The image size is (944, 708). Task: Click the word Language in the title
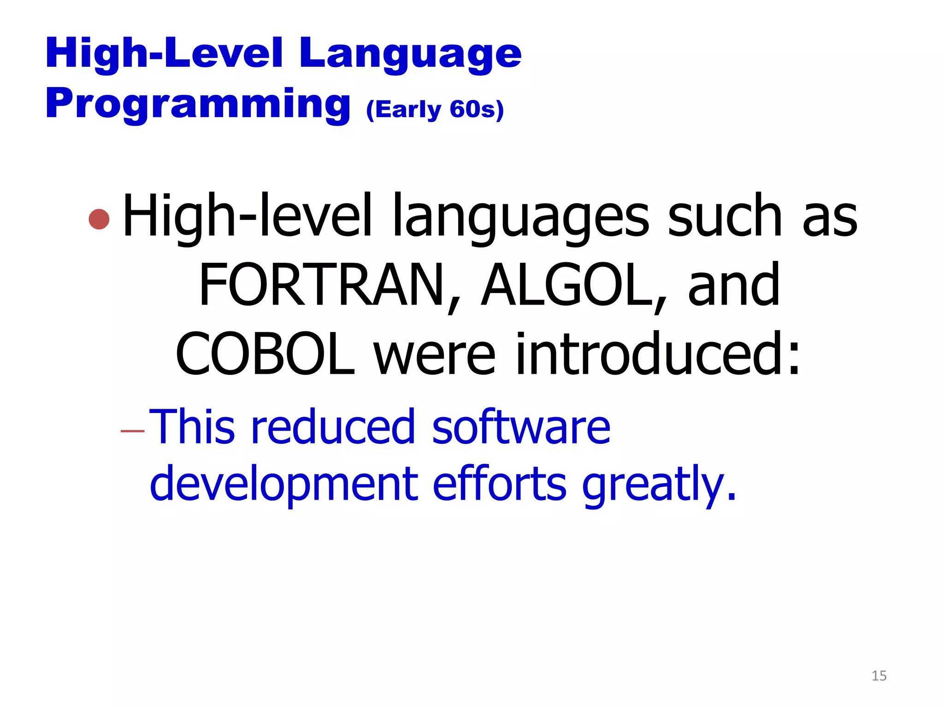pyautogui.click(x=410, y=54)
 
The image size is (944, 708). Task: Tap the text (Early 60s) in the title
pyautogui.click(x=435, y=110)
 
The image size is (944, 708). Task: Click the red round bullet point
pyautogui.click(x=99, y=219)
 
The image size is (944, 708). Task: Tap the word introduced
pyautogui.click(x=657, y=354)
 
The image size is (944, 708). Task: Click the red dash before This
pyautogui.click(x=132, y=431)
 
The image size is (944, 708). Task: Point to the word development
pyautogui.click(x=284, y=484)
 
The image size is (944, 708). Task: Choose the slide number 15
pyautogui.click(x=879, y=676)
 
